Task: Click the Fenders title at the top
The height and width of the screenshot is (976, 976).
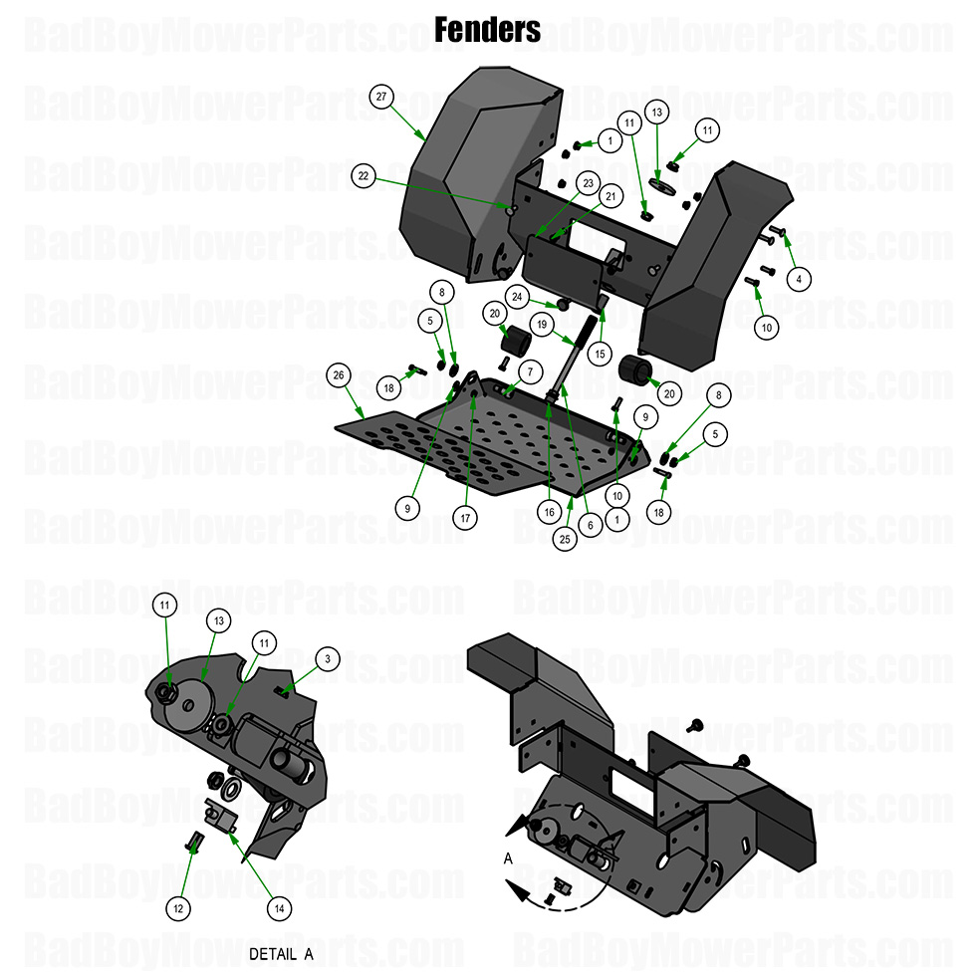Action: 488,29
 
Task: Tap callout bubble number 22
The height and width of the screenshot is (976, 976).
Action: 364,176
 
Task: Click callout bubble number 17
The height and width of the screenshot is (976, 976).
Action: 465,519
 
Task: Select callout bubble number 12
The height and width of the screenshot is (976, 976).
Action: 178,908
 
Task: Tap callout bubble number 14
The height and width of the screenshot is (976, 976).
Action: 280,908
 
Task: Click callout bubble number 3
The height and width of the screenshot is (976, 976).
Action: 326,658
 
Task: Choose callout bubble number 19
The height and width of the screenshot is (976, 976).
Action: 542,324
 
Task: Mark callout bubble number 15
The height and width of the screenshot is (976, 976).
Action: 599,353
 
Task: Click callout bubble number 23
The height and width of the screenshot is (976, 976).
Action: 588,184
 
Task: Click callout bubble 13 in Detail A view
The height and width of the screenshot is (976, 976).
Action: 220,620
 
